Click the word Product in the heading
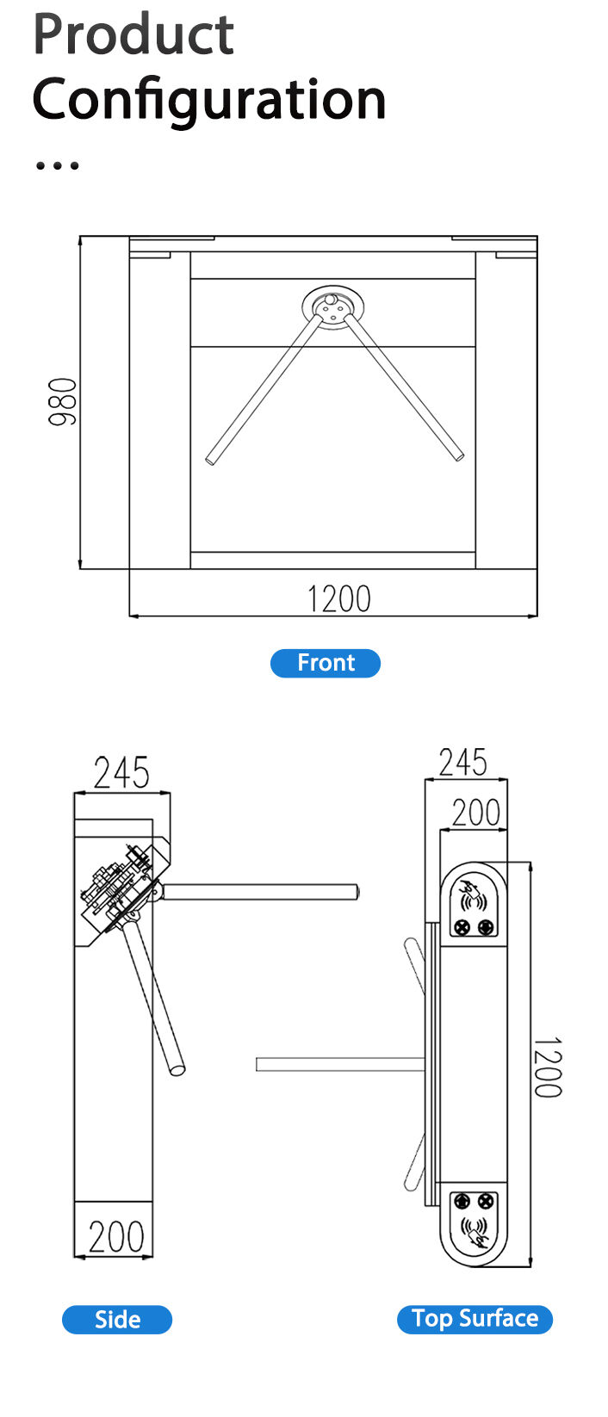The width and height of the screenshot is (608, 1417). tap(133, 34)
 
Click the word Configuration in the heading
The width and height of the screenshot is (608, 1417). tap(209, 99)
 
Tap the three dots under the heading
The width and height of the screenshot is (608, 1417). tap(57, 164)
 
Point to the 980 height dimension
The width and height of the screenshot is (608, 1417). tap(63, 401)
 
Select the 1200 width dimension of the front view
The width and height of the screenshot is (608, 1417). tap(338, 599)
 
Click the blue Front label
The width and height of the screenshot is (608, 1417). tap(326, 663)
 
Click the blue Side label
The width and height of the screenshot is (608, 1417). tap(117, 1320)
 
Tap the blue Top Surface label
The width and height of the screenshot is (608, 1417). tap(475, 1319)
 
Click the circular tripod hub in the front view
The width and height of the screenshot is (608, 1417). tap(332, 306)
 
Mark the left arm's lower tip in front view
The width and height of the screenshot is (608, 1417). tap(211, 460)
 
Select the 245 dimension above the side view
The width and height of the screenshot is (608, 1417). tap(121, 773)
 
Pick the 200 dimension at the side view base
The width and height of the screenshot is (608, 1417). tap(116, 1237)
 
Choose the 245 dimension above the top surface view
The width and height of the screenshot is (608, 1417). tap(463, 763)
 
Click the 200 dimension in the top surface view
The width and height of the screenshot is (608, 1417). tap(476, 812)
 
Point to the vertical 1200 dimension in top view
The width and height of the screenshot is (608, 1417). tap(546, 1067)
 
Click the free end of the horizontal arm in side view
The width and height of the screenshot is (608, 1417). tap(354, 892)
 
